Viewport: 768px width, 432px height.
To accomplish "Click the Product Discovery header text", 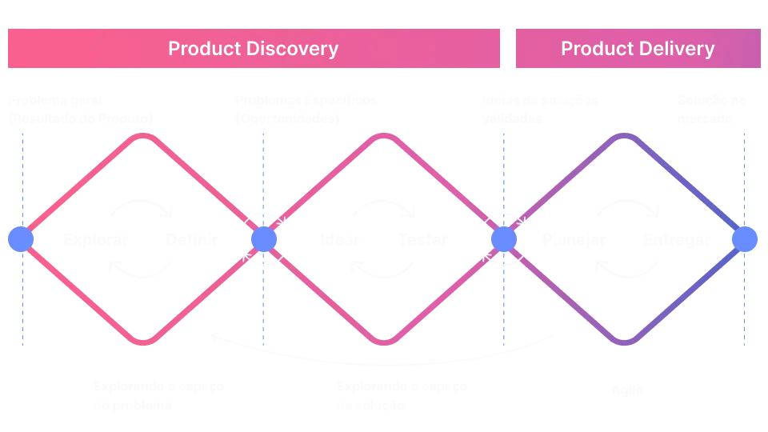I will [x=254, y=48].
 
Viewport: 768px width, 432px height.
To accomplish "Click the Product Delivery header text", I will [x=637, y=48].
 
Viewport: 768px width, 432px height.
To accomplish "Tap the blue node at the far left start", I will [x=21, y=239].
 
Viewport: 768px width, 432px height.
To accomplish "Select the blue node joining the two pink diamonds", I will [x=263, y=239].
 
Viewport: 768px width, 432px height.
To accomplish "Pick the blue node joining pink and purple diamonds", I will [x=502, y=239].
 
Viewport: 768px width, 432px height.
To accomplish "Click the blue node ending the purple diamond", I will [x=745, y=239].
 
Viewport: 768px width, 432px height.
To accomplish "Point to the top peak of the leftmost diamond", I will [x=144, y=137].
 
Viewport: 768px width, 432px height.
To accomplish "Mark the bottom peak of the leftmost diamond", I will [x=144, y=343].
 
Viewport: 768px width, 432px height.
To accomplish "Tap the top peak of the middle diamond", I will [x=385, y=137].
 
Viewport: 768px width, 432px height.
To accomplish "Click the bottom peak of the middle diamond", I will [x=385, y=343].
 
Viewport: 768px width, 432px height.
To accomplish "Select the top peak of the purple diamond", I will [x=625, y=137].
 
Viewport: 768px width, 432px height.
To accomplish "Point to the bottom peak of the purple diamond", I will [x=625, y=343].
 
